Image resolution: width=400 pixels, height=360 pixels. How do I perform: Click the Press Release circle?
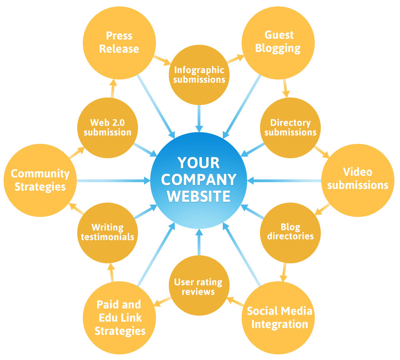point(119,42)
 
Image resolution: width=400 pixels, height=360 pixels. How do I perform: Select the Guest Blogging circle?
point(278,42)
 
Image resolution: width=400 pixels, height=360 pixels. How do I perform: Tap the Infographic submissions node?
point(199,74)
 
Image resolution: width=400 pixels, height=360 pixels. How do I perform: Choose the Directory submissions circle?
point(290,127)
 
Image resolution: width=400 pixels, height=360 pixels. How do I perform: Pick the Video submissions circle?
point(357,179)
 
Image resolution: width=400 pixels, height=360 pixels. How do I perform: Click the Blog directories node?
point(290,232)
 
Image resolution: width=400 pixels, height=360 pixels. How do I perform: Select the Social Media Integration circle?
point(279,317)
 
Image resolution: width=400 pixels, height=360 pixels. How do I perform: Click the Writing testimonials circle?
point(107,232)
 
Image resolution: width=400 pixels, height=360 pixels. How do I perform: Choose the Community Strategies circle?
point(40,180)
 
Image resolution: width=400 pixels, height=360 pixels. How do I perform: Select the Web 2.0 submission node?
point(107,127)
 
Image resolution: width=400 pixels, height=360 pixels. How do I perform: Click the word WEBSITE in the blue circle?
point(199,196)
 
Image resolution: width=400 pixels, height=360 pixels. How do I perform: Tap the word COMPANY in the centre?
point(199,180)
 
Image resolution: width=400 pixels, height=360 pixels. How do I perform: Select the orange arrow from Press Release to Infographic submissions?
point(162,60)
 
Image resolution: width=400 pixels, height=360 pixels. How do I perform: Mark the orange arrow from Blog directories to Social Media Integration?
point(284,272)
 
